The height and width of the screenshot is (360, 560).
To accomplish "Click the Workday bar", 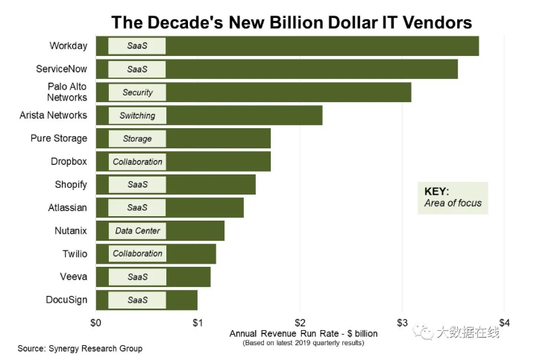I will (x=321, y=46).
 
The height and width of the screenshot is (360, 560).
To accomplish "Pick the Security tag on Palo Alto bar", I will (x=137, y=92).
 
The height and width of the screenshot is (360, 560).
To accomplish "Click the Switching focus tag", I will (x=137, y=116).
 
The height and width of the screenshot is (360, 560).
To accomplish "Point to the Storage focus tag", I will (x=137, y=139).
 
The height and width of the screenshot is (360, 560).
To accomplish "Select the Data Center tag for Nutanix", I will (x=137, y=231).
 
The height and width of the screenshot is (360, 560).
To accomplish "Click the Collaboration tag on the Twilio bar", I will (x=137, y=254).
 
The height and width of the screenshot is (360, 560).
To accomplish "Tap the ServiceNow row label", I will (x=62, y=69).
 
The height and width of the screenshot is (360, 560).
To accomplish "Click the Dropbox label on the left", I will (x=69, y=161).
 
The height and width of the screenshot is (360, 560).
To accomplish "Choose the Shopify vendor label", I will (x=71, y=184).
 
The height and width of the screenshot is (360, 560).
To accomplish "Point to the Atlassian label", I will (x=68, y=208).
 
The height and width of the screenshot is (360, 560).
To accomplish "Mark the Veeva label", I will (x=74, y=277).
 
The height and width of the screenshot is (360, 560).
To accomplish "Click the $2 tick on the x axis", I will (x=300, y=323).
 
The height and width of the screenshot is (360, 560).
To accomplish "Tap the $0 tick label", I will (x=96, y=323).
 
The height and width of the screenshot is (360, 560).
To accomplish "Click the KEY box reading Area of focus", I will (x=452, y=198).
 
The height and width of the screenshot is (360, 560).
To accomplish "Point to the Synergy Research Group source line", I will (x=80, y=348).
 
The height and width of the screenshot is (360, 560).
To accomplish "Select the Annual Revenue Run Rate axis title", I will (x=303, y=333).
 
